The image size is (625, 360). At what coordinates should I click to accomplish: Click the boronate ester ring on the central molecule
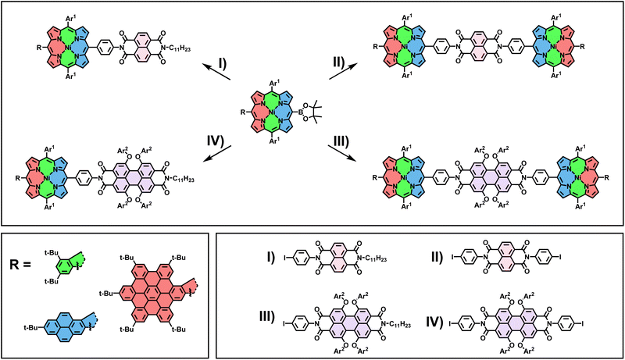coord(307,112)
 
